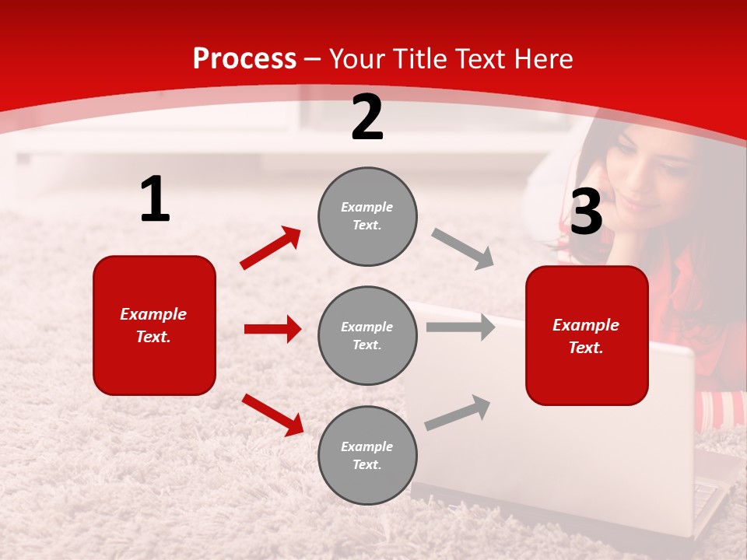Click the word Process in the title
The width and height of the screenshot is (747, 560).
pos(244,59)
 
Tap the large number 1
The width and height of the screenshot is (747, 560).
pos(155,200)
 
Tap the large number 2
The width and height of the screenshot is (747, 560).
pos(367,117)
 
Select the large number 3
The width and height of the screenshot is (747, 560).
pos(586,212)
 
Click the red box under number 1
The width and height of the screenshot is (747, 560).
pos(154,325)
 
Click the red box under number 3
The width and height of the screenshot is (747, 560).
pos(587,335)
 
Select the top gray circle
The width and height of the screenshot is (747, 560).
pos(367,216)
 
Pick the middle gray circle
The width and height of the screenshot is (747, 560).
pos(367,335)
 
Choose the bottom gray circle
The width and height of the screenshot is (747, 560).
pos(367,455)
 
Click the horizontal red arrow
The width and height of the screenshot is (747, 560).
pos(272,329)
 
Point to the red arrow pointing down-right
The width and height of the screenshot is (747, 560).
pos(272,414)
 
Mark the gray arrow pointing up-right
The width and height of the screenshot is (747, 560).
pos(458,412)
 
